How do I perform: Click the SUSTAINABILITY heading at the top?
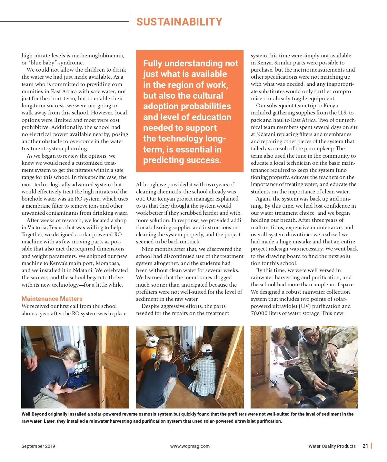[x=179, y=22]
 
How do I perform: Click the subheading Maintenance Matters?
[x=52, y=299]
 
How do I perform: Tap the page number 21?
[x=365, y=446]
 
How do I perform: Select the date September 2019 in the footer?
[x=38, y=446]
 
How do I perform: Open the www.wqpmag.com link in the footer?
[x=190, y=446]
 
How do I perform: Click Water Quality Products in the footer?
[x=332, y=446]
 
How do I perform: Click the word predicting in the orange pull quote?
[x=164, y=160]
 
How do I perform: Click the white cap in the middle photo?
[x=207, y=348]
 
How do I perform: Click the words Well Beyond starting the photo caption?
[x=34, y=414]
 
